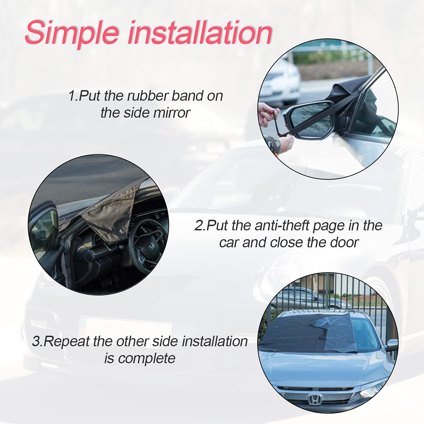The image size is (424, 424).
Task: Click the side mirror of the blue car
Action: click(x=391, y=344)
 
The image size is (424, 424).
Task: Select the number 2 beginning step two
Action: click(x=199, y=225)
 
